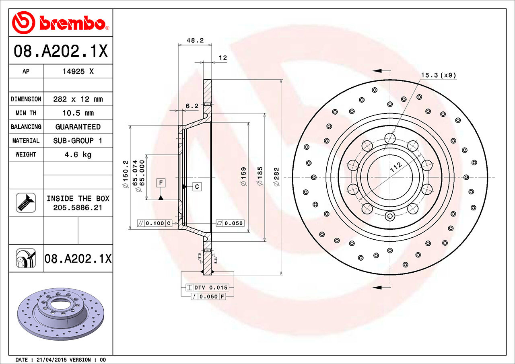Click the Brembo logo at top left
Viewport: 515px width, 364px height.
[60, 22]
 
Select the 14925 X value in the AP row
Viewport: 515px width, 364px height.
[78, 72]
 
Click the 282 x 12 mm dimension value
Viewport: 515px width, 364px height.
[78, 99]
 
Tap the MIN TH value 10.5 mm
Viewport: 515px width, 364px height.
[78, 113]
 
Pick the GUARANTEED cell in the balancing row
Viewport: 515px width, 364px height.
[78, 127]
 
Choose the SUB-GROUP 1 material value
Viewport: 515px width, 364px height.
[78, 141]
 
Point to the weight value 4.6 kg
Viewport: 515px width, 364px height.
[78, 154]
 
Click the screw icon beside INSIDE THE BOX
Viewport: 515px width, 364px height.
[26, 203]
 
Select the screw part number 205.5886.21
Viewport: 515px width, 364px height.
[78, 208]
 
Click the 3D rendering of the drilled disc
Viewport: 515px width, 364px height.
[60, 312]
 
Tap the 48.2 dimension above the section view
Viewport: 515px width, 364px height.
[195, 40]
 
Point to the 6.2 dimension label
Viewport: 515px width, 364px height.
[192, 106]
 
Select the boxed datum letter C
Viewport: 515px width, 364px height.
[197, 187]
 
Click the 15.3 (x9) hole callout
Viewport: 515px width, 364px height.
[439, 75]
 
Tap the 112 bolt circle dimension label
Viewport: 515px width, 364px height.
[396, 167]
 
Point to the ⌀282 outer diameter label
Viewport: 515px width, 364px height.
[276, 177]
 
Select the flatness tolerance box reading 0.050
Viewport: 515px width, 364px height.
[230, 223]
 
